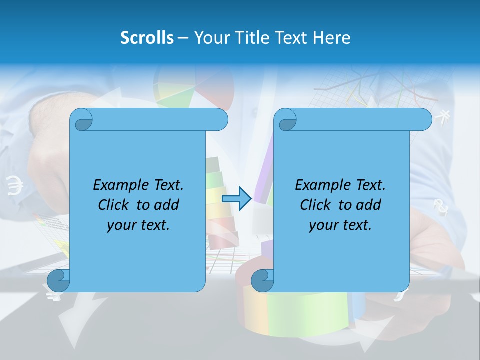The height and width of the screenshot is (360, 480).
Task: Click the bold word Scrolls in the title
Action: pyautogui.click(x=147, y=38)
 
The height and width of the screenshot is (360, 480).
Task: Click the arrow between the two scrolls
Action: pyautogui.click(x=236, y=199)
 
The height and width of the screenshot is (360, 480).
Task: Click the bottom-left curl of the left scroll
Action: pyautogui.click(x=59, y=280)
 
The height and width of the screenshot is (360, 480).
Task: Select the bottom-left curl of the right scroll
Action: pyautogui.click(x=262, y=280)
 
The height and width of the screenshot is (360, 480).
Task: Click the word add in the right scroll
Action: pyautogui.click(x=369, y=205)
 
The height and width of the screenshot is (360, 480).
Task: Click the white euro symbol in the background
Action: pyautogui.click(x=15, y=186)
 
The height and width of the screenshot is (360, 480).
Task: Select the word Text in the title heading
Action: pyautogui.click(x=291, y=38)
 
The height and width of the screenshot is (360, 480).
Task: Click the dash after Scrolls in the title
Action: pyautogui.click(x=183, y=38)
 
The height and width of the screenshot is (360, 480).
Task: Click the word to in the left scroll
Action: pyautogui.click(x=143, y=205)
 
